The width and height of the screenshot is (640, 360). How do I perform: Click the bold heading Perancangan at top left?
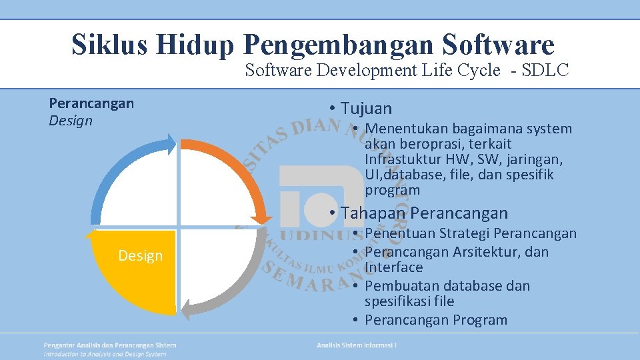click(91, 103)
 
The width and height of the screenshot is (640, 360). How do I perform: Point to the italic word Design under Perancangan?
click(71, 121)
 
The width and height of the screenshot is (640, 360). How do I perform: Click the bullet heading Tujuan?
click(366, 108)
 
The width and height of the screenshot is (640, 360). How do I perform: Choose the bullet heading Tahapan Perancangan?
click(424, 213)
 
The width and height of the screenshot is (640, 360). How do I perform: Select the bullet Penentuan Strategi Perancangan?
click(470, 233)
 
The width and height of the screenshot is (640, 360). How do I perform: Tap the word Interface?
click(393, 267)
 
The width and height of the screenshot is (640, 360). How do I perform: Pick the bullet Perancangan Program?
click(436, 320)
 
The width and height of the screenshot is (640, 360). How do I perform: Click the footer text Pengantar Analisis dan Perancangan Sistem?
click(110, 345)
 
